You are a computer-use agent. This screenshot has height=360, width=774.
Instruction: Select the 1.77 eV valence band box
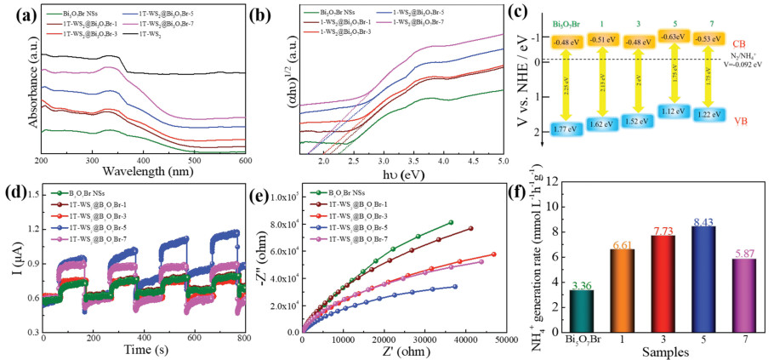coord(566,129)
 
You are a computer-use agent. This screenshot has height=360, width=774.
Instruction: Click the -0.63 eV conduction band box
coord(675,37)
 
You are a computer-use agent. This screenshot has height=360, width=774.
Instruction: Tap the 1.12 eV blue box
coord(675,111)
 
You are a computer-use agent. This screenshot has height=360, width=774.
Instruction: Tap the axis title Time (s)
coord(139,351)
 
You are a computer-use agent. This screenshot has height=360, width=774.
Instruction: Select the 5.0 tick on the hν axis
coord(504,160)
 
